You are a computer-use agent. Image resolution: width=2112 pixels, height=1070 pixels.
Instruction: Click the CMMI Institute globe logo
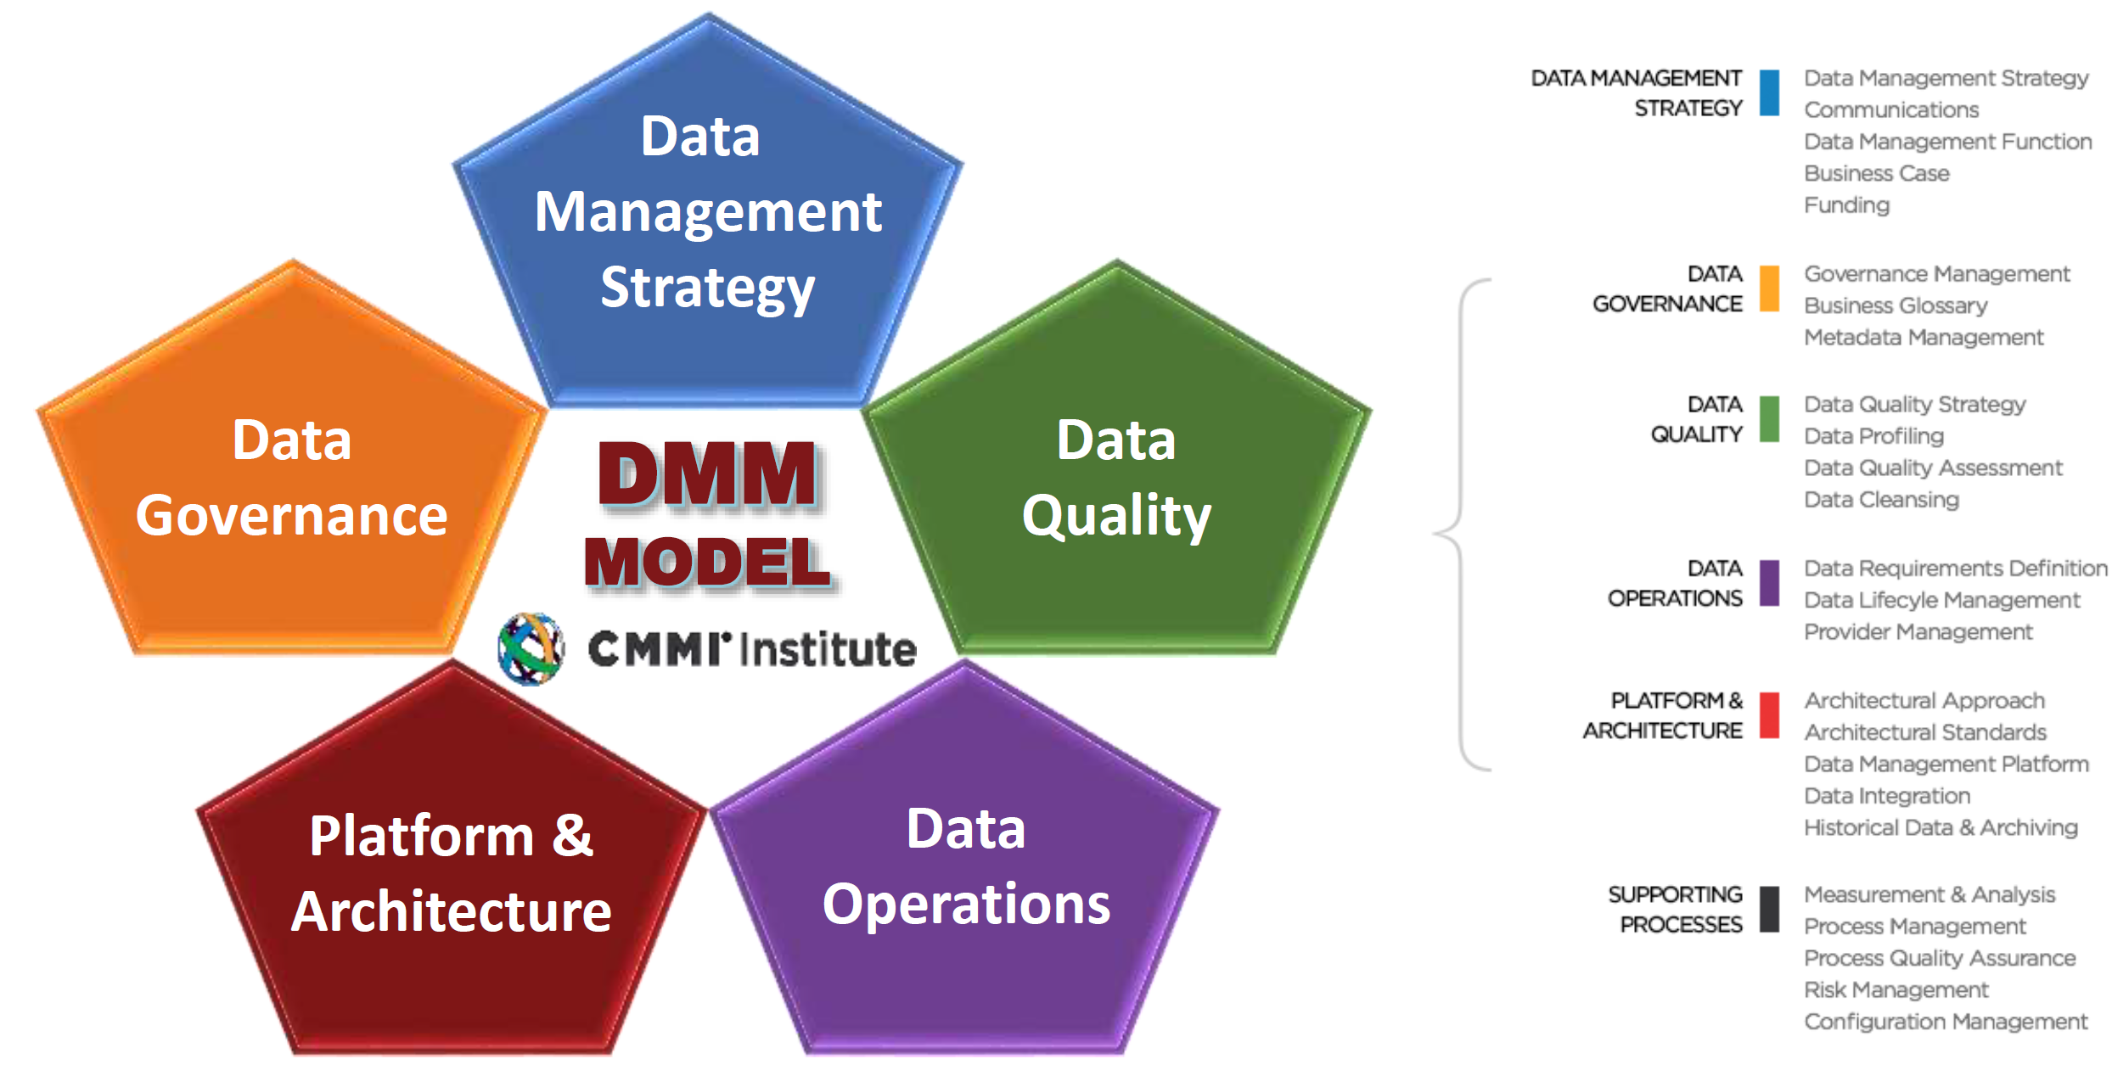click(x=531, y=648)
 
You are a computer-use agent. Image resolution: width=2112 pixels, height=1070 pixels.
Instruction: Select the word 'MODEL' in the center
click(x=707, y=563)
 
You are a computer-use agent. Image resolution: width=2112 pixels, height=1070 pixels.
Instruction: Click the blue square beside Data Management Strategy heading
click(x=1769, y=92)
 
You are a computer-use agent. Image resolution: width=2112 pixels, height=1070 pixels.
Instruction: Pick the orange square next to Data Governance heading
click(x=1769, y=289)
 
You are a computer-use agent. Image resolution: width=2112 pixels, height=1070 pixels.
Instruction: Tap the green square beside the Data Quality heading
click(x=1769, y=419)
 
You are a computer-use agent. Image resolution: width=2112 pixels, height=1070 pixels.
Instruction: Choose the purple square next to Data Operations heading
click(x=1769, y=583)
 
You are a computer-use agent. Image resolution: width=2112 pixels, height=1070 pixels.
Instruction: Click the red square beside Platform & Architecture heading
click(x=1769, y=715)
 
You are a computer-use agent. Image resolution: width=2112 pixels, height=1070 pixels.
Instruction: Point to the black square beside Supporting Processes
click(x=1769, y=909)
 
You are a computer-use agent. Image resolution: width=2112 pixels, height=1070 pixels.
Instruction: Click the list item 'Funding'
click(x=1846, y=205)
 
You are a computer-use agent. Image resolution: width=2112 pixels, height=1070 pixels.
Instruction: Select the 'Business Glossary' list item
click(x=1895, y=305)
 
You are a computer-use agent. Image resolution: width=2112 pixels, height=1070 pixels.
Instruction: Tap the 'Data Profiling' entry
click(x=1873, y=436)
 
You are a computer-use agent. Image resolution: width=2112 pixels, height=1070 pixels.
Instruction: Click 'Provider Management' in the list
click(x=1918, y=632)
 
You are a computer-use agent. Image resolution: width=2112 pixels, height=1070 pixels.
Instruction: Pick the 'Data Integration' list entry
click(x=1886, y=796)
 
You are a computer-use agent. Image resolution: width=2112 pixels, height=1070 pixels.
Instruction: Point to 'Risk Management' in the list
click(x=1896, y=990)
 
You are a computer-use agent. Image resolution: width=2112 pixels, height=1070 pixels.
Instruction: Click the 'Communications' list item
click(x=1890, y=110)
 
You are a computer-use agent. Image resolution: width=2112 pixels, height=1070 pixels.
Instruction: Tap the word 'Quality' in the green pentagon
click(x=1116, y=516)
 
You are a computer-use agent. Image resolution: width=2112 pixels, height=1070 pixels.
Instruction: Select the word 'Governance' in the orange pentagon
click(x=291, y=516)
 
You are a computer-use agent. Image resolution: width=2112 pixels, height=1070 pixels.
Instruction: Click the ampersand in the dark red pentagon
click(x=572, y=835)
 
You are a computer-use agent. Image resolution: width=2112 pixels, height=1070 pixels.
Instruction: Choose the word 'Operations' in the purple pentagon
click(x=966, y=904)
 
